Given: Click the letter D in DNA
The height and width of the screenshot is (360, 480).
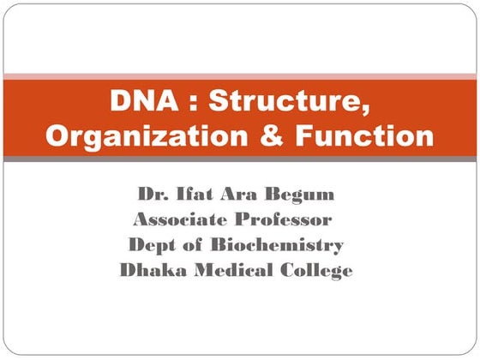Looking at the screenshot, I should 120,101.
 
